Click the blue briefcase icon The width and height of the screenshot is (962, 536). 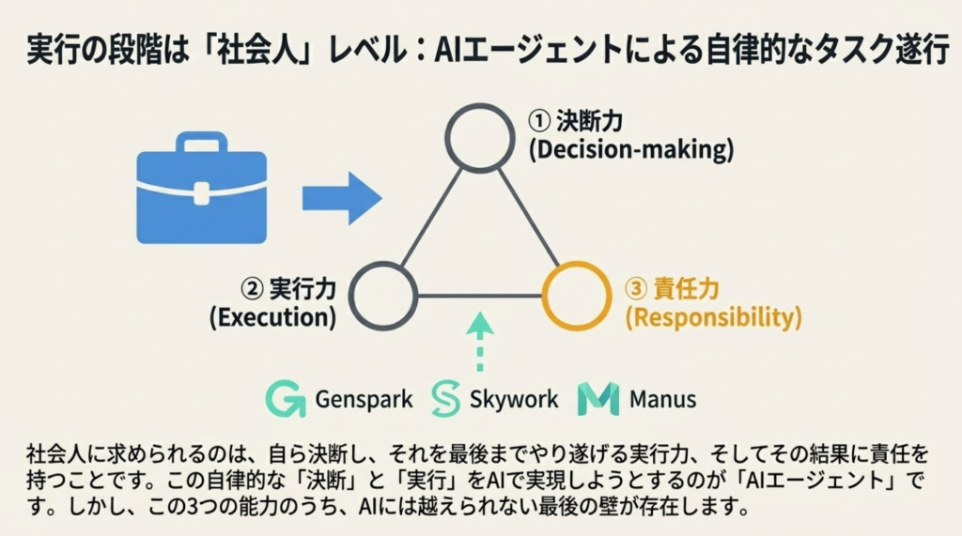tap(202, 188)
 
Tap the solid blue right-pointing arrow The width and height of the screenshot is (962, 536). tap(341, 198)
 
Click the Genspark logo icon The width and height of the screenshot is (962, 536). tap(286, 399)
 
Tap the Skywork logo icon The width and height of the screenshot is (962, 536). tap(444, 399)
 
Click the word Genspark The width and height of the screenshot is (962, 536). tap(364, 400)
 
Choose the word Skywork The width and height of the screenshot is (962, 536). tap(513, 400)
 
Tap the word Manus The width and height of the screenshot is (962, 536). tap(663, 400)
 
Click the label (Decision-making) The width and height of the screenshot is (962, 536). tap(630, 149)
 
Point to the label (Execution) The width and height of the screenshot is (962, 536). tap(273, 318)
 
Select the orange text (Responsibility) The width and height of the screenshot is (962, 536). tap(714, 318)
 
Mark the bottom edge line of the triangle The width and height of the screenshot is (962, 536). tap(479, 297)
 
